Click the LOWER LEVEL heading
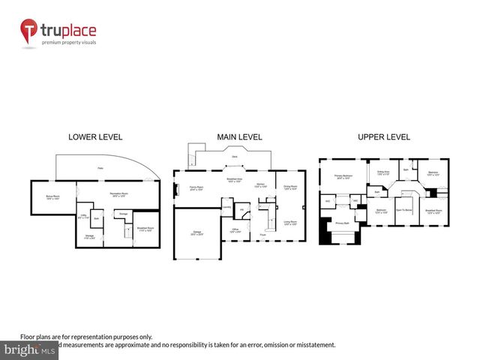point(94,137)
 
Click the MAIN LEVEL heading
point(240,137)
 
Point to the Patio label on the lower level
point(100,167)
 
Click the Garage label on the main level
point(196,232)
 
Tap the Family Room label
point(197,189)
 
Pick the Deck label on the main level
point(235,157)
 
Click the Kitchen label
point(259,184)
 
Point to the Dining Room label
point(289,186)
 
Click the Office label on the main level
point(235,229)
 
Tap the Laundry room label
point(226,208)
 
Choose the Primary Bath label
point(343,223)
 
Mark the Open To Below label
point(404,211)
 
